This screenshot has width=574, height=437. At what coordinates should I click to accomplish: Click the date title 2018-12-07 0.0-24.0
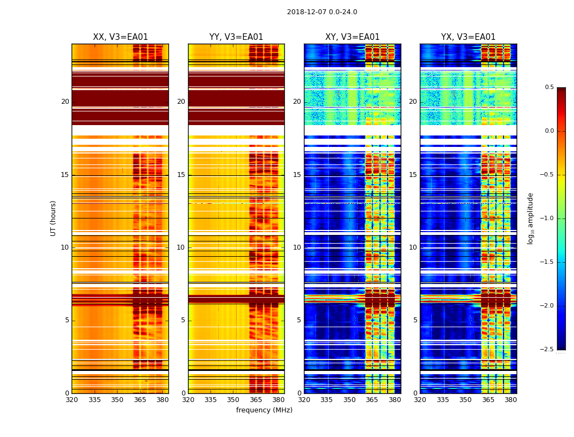[322, 12]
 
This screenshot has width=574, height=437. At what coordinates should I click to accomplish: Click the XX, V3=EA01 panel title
[120, 37]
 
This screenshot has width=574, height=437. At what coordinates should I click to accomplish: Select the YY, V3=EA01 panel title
[236, 37]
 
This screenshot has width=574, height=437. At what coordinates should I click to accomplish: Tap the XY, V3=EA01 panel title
[352, 37]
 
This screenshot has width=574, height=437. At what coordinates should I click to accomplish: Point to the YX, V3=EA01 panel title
[468, 37]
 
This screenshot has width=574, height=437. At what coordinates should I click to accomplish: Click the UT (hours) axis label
[53, 218]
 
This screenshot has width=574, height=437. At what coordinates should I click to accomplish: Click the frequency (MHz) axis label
[264, 410]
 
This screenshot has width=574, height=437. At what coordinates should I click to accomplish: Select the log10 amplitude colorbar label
[530, 218]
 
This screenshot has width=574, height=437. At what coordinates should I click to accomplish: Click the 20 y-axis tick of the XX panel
[65, 102]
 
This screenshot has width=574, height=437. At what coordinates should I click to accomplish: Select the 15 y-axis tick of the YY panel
[181, 175]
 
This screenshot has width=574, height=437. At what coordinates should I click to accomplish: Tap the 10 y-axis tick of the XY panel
[297, 247]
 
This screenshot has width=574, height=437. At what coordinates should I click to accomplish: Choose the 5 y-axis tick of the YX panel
[415, 320]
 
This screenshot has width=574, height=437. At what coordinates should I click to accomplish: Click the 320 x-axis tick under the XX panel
[72, 400]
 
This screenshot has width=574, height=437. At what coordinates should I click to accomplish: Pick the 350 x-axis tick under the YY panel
[233, 400]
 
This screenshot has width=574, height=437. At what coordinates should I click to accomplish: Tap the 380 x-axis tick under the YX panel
[511, 400]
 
